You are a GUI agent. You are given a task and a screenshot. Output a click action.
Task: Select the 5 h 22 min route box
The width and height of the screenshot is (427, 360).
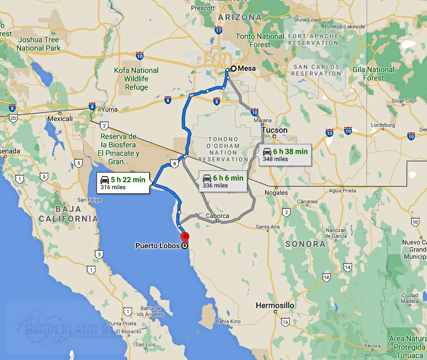coord(123,183)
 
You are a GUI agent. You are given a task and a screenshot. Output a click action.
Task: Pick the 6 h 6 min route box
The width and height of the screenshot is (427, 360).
coord(223,181)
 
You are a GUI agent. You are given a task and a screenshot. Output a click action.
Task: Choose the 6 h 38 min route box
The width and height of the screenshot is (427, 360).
coord(285,155)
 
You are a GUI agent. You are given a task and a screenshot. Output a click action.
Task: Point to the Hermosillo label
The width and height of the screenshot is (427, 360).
coord(275,305)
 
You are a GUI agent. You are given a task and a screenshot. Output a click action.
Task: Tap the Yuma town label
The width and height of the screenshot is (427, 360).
coord(109,109)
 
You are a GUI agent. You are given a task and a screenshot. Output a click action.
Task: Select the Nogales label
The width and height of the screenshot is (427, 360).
coord(277,193)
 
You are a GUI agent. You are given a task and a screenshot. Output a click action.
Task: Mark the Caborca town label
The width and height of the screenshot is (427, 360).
coord(217,216)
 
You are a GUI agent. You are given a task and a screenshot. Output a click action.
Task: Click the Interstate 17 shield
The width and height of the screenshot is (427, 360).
coord(218,31)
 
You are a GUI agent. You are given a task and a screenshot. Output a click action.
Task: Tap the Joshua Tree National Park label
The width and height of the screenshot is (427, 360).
coord(38,44)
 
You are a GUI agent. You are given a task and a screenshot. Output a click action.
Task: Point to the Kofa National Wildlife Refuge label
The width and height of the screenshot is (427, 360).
coord(136,79)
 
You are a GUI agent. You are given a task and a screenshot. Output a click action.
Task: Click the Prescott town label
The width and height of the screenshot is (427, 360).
coord(203,8)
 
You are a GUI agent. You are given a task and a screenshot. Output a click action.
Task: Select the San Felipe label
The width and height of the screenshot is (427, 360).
coord(89,200)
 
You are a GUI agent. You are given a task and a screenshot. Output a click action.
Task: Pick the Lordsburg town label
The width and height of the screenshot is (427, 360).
coord(383,125)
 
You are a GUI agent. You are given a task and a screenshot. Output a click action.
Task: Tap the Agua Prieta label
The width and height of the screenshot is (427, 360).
coord(342,191)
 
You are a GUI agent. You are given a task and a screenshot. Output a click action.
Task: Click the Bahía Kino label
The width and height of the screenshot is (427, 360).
coord(228,322)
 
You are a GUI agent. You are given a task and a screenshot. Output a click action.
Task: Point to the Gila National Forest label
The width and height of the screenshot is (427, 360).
coord(374,74)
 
